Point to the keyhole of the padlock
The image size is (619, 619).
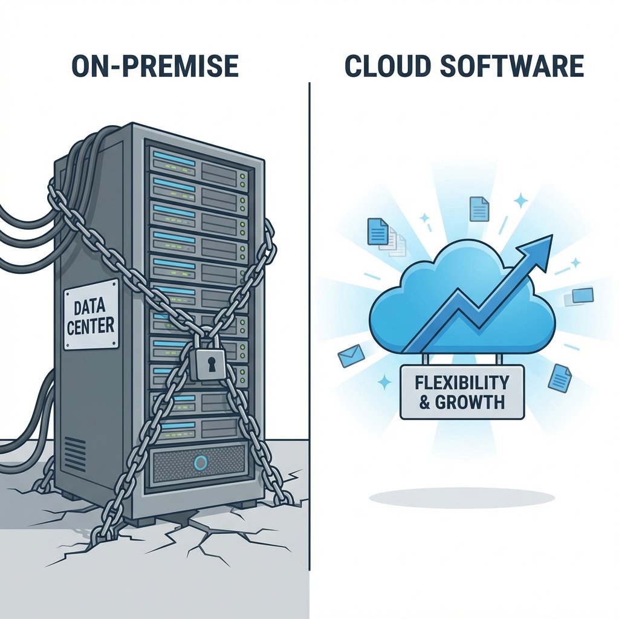point(207,365)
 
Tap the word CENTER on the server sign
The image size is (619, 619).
point(91,327)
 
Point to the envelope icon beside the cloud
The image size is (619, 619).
point(349,357)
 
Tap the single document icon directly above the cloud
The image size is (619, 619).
point(479,209)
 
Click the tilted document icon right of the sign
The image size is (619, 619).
point(560,377)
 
